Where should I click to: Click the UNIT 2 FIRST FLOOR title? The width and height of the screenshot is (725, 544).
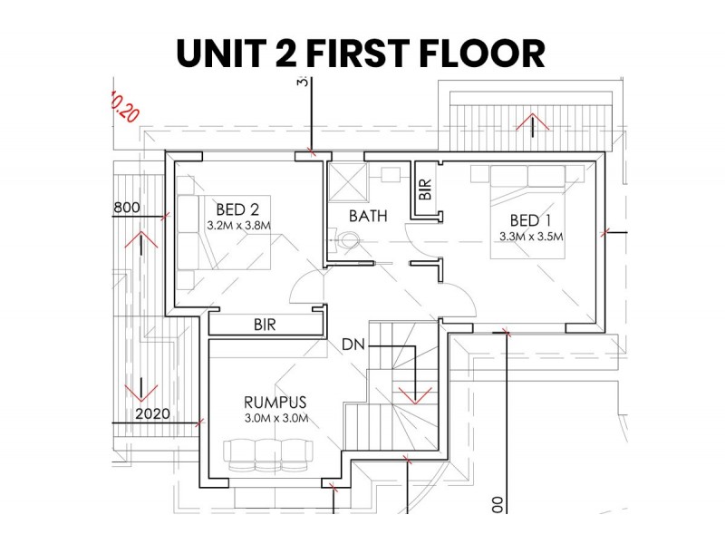point(361,53)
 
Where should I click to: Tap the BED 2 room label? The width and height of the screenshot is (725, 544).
point(237,209)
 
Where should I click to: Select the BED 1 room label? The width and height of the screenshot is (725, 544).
point(531,220)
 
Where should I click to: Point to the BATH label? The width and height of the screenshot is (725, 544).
point(368,216)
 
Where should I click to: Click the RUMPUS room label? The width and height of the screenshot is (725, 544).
point(275,402)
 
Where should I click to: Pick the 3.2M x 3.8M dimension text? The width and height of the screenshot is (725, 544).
point(238,226)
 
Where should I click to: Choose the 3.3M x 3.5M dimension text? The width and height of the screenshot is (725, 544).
point(531,237)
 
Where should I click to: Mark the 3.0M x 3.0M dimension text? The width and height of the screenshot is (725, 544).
point(276,419)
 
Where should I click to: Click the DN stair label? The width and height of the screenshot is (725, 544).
point(353,345)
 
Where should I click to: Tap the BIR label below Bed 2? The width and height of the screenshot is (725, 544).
point(265,325)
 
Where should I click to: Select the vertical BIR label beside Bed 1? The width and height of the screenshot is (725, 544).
point(425,189)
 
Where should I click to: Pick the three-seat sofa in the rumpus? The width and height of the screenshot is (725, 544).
point(268,455)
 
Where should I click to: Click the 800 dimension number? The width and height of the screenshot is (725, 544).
point(127,208)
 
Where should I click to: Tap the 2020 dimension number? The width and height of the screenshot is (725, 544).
point(152,413)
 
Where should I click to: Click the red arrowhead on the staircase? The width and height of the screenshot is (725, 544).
point(415,395)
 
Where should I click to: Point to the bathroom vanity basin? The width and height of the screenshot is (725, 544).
point(391,175)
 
